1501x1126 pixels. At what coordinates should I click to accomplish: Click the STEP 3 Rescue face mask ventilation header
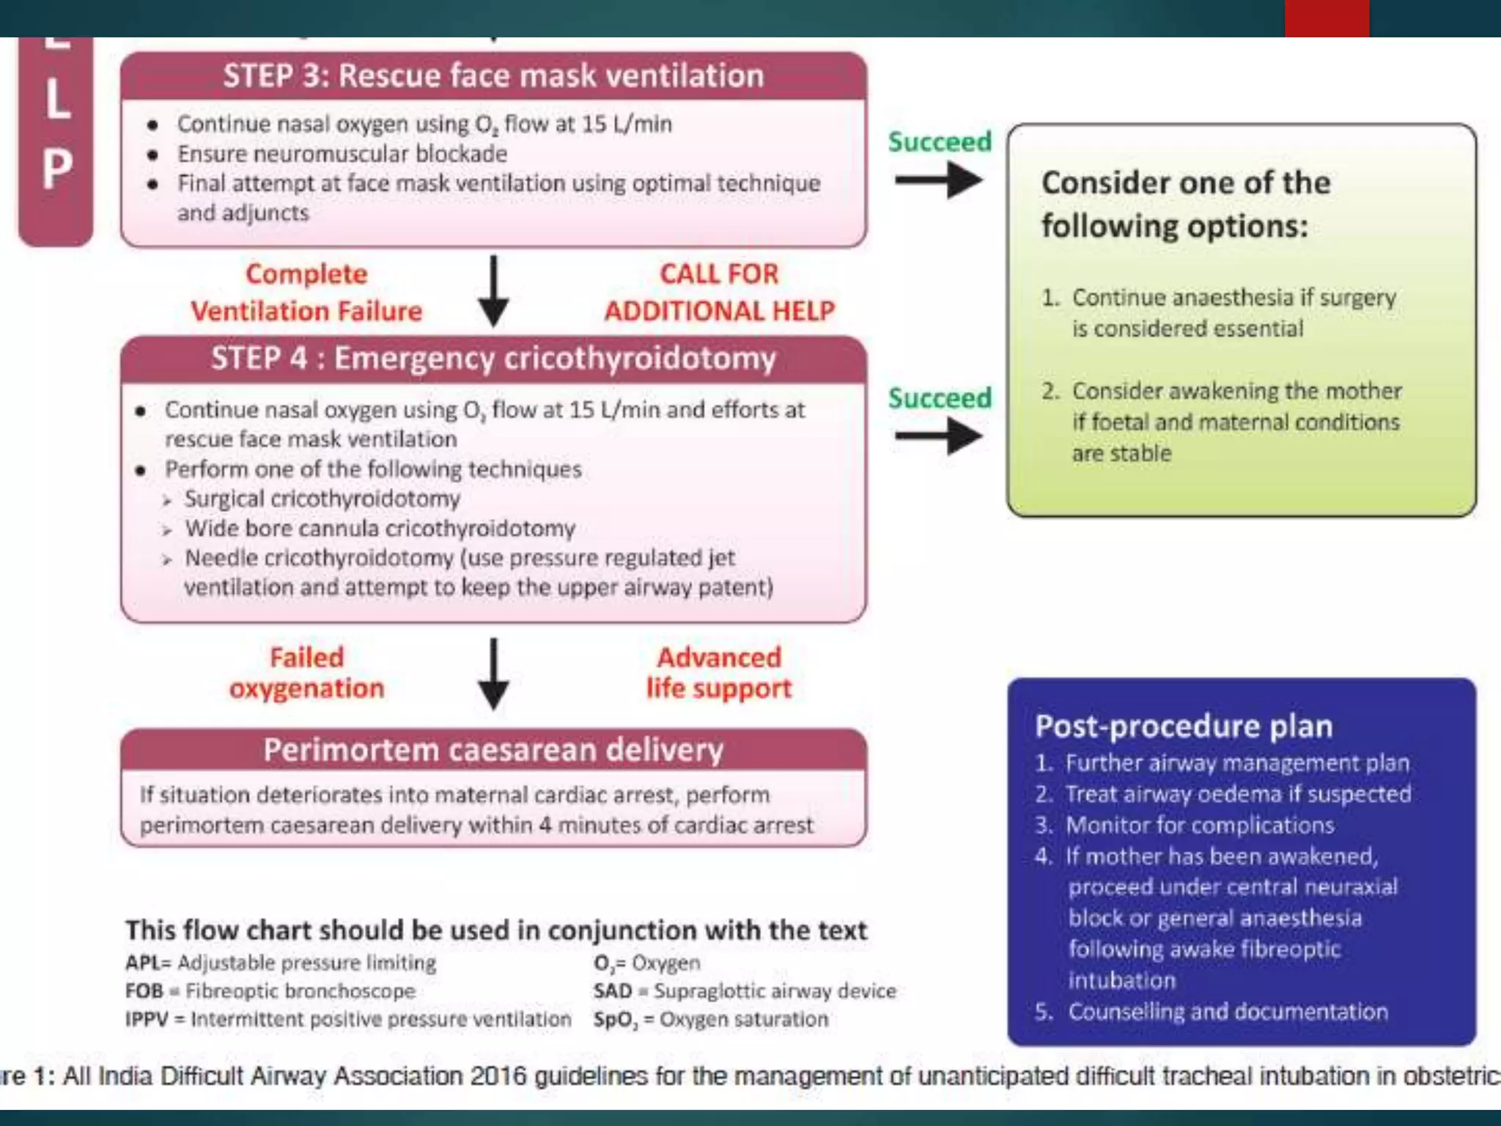pyautogui.click(x=493, y=76)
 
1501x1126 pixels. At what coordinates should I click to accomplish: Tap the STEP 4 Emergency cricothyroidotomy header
pyautogui.click(x=493, y=359)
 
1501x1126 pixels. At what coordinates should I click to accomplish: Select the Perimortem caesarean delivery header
pyautogui.click(x=493, y=750)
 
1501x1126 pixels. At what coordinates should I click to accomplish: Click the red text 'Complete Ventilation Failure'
pyautogui.click(x=306, y=292)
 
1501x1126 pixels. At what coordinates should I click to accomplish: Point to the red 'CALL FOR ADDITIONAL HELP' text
pyautogui.click(x=719, y=292)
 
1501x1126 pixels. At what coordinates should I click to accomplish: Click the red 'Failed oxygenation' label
pyautogui.click(x=306, y=673)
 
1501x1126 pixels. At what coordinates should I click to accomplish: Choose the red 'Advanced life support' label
pyautogui.click(x=719, y=673)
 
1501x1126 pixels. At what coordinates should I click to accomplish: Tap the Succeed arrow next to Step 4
pyautogui.click(x=939, y=436)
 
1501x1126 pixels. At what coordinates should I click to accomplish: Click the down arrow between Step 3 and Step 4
pyautogui.click(x=494, y=290)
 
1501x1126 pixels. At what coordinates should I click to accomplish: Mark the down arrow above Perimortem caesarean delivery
pyautogui.click(x=494, y=673)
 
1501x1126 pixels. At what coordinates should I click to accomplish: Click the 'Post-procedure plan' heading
pyautogui.click(x=1184, y=726)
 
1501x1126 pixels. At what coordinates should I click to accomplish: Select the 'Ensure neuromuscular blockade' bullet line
pyautogui.click(x=342, y=154)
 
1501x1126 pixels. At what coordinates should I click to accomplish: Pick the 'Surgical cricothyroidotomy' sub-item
pyautogui.click(x=322, y=499)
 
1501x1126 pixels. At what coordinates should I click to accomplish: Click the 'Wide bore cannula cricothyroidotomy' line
pyautogui.click(x=380, y=529)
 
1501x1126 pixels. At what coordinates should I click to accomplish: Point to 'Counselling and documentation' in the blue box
pyautogui.click(x=1228, y=1012)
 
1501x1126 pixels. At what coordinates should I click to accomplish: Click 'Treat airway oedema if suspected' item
pyautogui.click(x=1238, y=794)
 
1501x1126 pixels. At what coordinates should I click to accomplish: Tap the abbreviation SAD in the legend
pyautogui.click(x=613, y=991)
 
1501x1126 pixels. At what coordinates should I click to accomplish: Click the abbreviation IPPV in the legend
pyautogui.click(x=147, y=1020)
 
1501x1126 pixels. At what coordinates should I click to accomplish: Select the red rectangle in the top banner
pyautogui.click(x=1327, y=18)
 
